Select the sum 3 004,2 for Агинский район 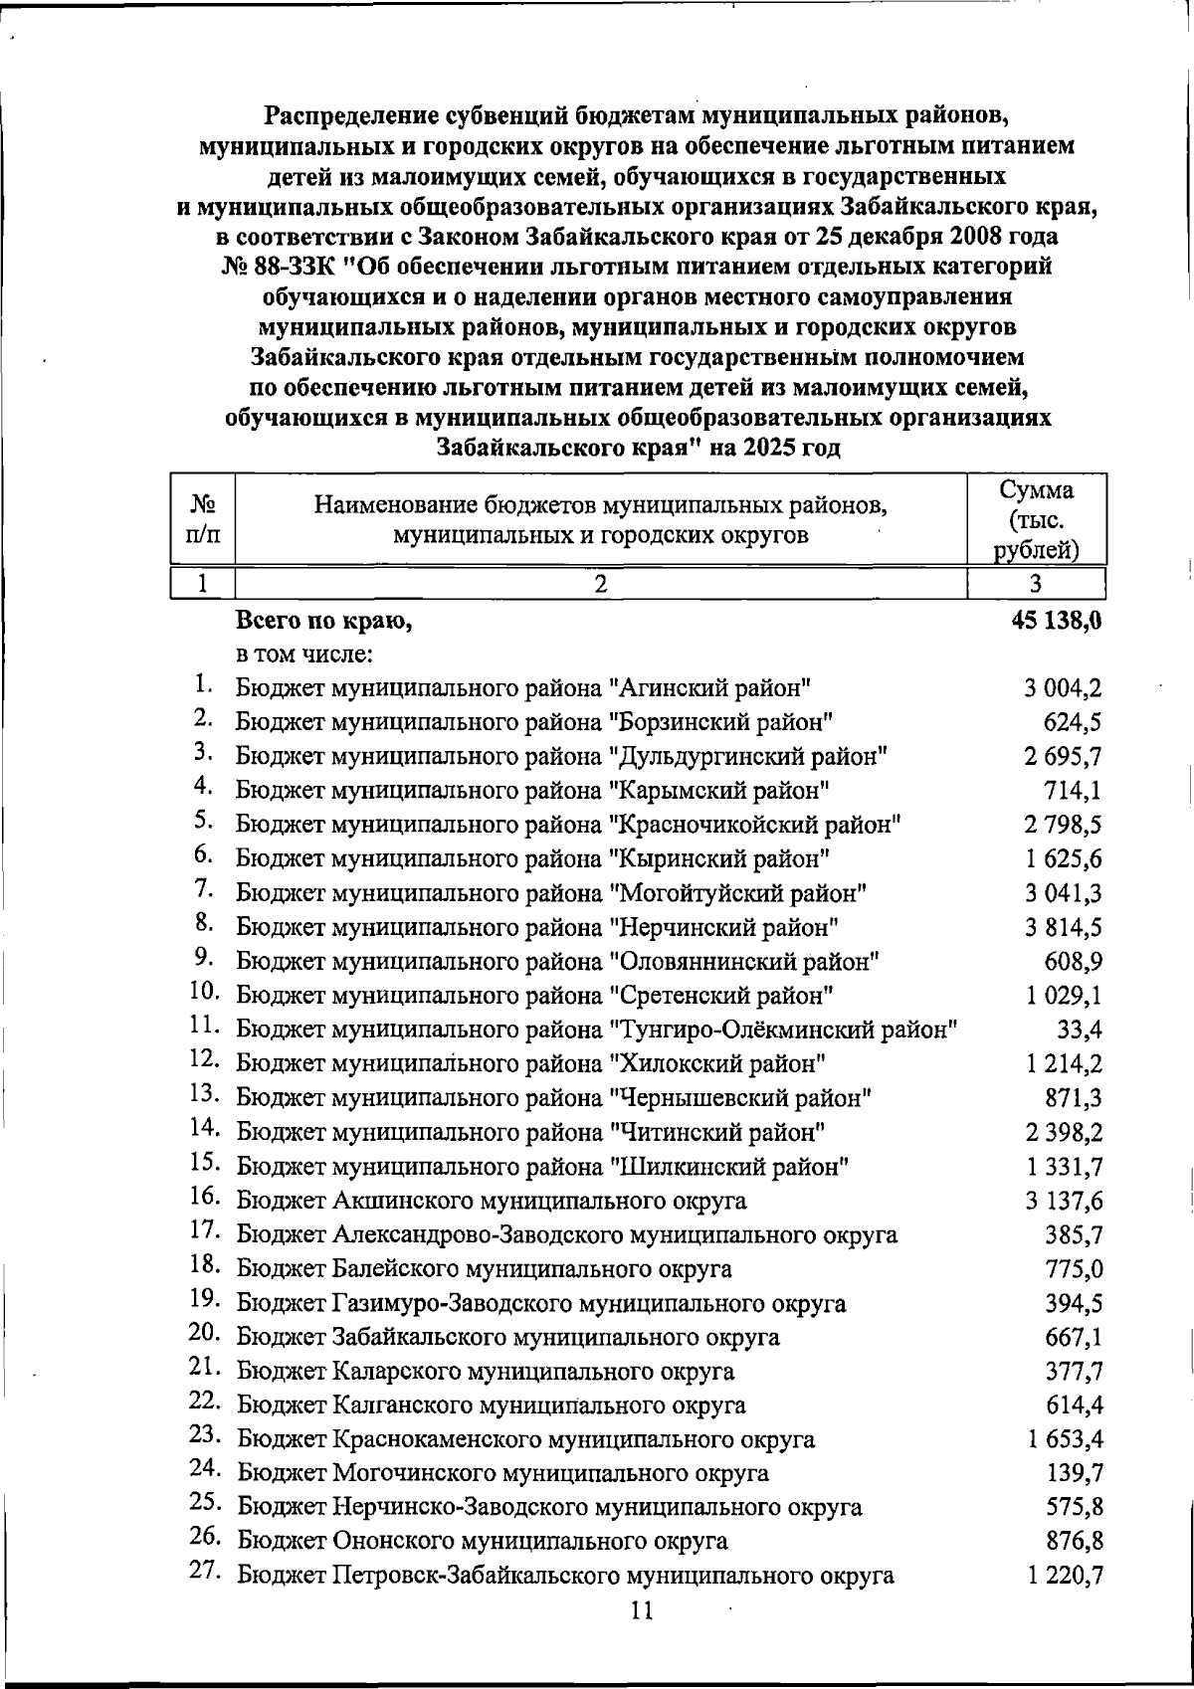[1064, 687]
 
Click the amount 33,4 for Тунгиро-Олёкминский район [1080, 1030]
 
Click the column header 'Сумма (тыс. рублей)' [1037, 520]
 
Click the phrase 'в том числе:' [303, 656]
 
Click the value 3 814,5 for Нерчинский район [1064, 927]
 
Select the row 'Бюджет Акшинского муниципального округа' [492, 1201]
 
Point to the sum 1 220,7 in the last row [1064, 1576]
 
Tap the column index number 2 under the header [600, 583]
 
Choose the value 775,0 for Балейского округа [1074, 1269]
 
